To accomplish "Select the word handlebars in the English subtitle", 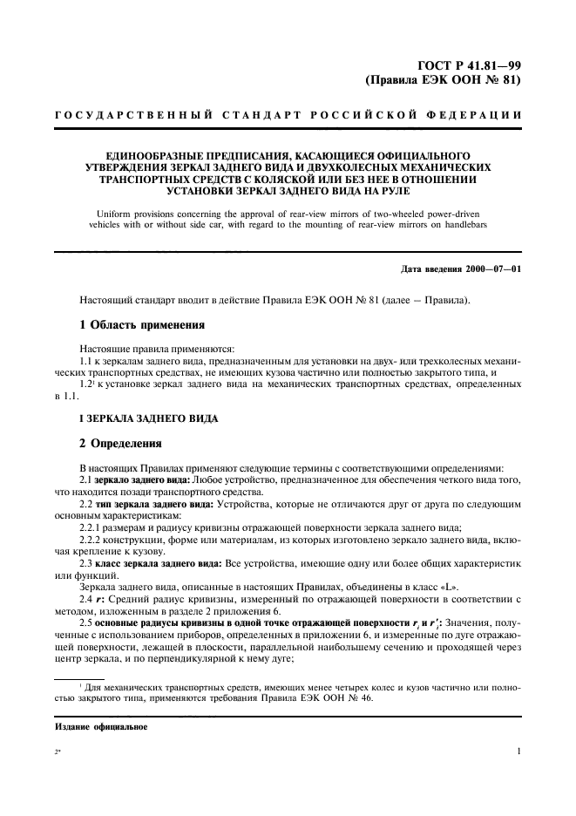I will coord(459,224).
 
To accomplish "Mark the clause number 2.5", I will coord(87,624).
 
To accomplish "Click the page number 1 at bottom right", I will coord(518,750).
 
